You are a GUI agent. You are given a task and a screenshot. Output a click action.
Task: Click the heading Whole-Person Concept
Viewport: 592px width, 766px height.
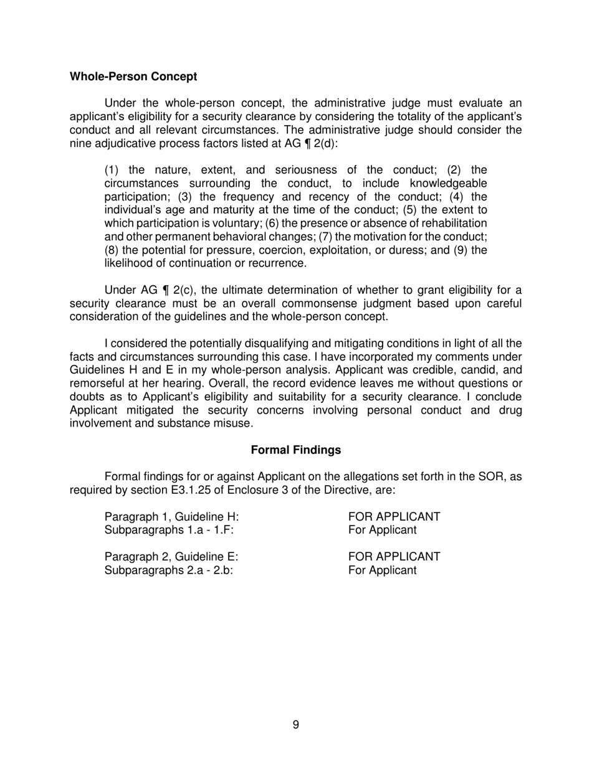point(133,77)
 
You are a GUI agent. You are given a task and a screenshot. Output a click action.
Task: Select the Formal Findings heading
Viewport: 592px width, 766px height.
point(295,450)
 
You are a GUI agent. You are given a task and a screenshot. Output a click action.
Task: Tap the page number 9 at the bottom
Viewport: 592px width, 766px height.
point(295,724)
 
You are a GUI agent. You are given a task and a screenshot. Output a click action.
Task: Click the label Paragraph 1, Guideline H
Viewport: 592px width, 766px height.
point(171,517)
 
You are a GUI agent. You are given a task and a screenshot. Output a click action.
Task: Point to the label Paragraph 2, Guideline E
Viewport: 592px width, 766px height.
point(171,556)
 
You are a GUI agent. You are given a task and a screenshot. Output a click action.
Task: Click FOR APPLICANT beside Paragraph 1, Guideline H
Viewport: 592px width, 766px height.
point(394,517)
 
